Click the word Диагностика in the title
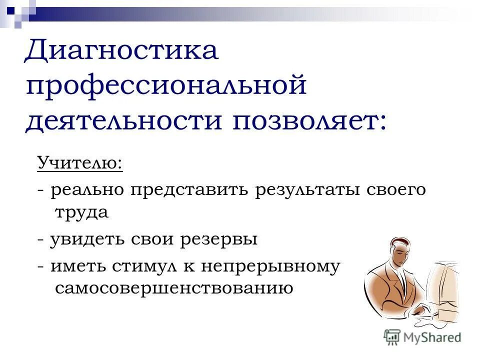click(x=121, y=51)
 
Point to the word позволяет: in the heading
click(x=308, y=120)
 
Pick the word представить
click(x=190, y=190)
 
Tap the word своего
click(x=398, y=190)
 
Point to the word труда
click(x=80, y=212)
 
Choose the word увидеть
click(x=87, y=239)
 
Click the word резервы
click(x=222, y=239)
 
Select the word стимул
click(x=143, y=266)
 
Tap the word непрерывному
click(x=270, y=266)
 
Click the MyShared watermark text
click(x=432, y=337)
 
